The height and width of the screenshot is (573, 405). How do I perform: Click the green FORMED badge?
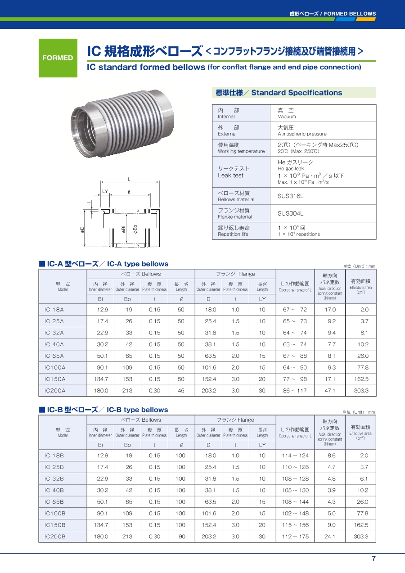58,58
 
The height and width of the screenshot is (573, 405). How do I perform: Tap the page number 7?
373,559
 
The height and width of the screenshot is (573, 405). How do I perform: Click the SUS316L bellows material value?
290,196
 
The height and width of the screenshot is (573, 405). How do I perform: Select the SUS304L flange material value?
290,213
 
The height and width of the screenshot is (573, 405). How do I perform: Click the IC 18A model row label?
54,310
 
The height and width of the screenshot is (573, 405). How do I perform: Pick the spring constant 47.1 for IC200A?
330,391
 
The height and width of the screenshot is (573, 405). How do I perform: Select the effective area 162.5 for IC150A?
361,379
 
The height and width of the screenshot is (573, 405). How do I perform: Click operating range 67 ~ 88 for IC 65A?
295,356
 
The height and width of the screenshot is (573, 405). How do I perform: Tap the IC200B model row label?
55,537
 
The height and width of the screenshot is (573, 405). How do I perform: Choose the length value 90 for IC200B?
181,537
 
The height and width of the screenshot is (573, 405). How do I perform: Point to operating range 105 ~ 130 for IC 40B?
295,490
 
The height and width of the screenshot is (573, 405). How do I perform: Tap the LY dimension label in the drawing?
105,191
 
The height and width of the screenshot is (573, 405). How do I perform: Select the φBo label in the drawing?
135,229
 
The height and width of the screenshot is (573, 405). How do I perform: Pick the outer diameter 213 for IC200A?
127,391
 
